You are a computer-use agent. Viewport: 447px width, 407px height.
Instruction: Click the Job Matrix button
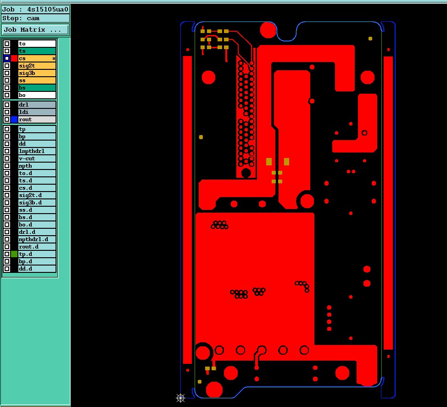[35, 30]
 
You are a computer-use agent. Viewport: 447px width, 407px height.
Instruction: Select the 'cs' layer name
[37, 58]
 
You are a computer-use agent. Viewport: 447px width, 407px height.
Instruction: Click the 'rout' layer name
[37, 119]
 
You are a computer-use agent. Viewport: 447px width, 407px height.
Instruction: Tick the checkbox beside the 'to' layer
[7, 44]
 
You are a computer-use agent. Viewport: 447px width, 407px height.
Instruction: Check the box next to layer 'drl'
[7, 105]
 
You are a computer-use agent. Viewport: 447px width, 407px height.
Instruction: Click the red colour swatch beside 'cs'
[14, 58]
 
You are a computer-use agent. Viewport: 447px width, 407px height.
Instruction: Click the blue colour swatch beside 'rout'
[14, 119]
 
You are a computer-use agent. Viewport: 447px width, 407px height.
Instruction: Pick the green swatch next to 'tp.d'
[14, 254]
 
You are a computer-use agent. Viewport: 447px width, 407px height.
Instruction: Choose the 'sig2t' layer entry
[37, 66]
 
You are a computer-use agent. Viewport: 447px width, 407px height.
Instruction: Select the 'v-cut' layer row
[37, 158]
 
